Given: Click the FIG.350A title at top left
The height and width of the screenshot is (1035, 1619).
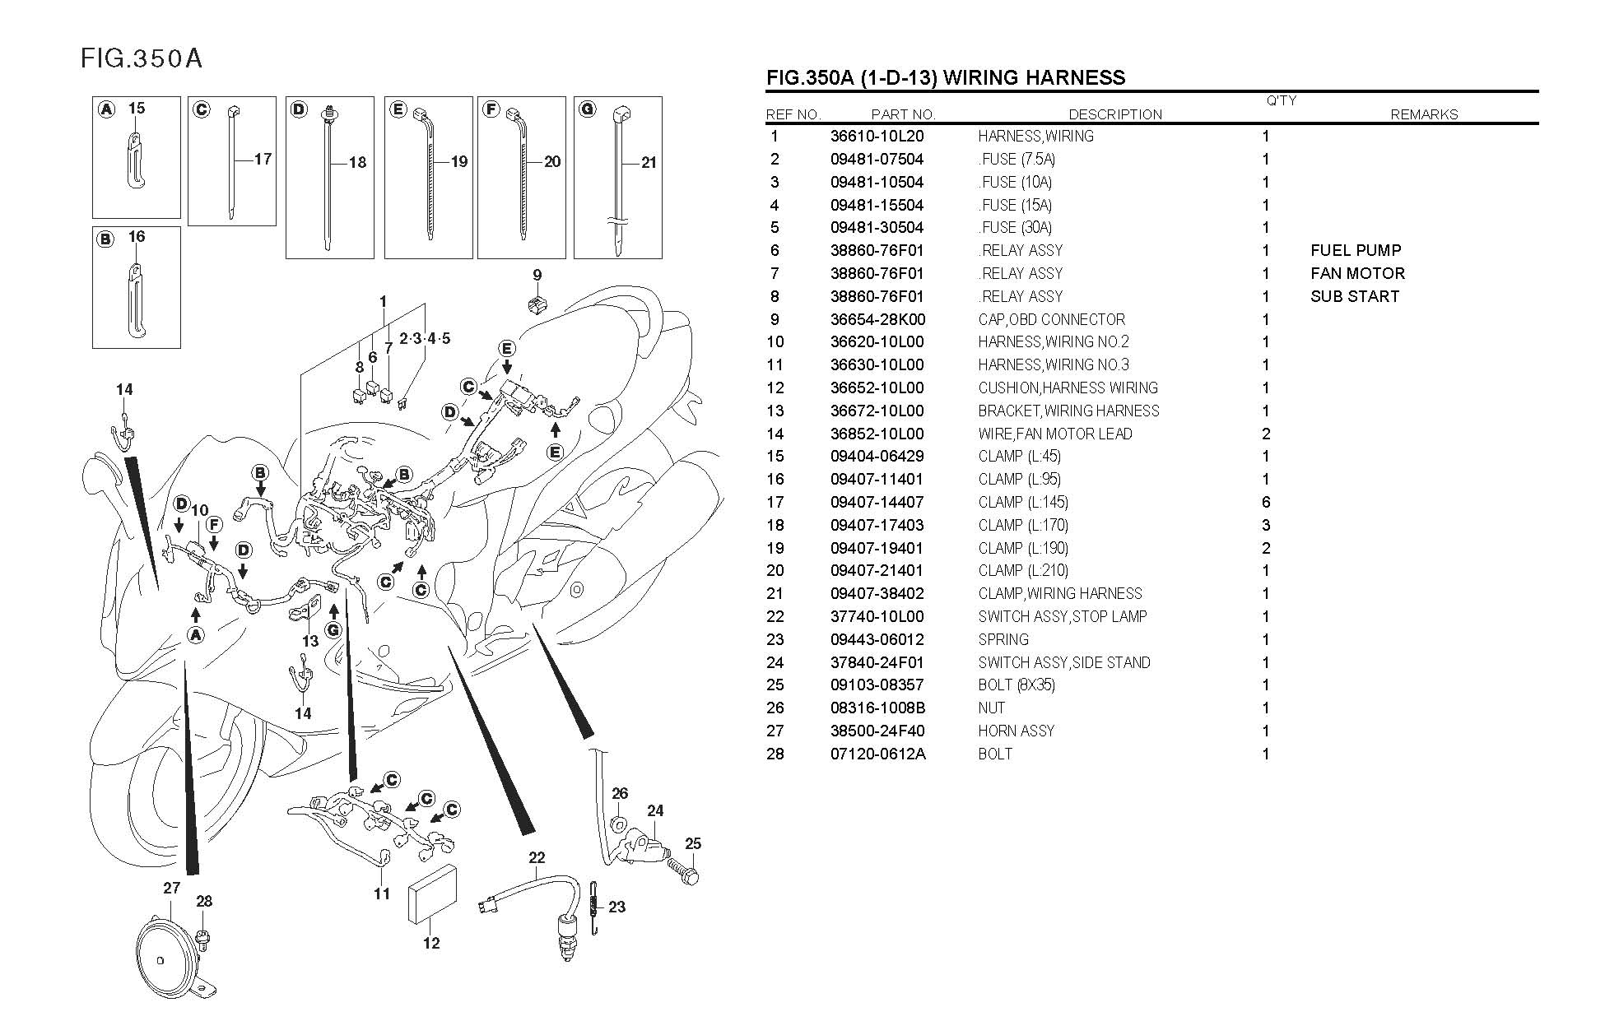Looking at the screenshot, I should (x=141, y=58).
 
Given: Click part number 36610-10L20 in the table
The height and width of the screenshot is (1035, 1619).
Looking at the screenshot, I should (x=877, y=137).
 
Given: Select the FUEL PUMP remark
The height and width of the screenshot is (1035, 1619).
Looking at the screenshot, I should (x=1355, y=251).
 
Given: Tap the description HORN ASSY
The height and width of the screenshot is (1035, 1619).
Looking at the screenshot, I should (x=1016, y=731).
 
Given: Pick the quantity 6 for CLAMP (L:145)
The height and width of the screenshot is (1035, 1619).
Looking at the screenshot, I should (x=1266, y=503).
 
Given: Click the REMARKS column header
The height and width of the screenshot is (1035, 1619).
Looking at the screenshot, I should (x=1423, y=115).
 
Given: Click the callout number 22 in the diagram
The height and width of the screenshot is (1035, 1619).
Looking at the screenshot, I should (x=537, y=857).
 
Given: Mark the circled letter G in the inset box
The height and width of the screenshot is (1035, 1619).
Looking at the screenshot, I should (x=588, y=109).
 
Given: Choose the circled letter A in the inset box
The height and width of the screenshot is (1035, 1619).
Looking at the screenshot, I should (x=106, y=109).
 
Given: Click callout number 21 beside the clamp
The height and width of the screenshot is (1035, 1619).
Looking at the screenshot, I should (x=649, y=163).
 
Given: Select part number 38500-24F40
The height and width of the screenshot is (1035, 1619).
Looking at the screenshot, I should (x=877, y=731).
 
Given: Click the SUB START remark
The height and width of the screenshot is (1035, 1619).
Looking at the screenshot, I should (x=1354, y=297).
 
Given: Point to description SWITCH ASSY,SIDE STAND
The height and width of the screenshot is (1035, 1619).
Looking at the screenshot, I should (x=1063, y=662).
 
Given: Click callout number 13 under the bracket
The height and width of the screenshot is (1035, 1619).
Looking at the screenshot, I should (x=309, y=641).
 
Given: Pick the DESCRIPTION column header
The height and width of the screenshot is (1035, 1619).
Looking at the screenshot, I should (x=1114, y=115).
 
